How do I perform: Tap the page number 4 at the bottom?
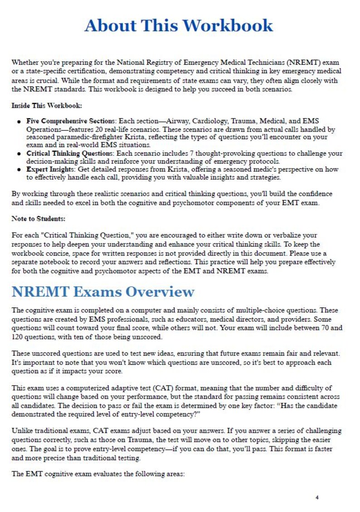[x=317, y=498]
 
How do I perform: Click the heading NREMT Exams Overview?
[x=103, y=292]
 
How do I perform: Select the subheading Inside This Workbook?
[x=47, y=106]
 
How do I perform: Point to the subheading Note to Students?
[x=39, y=218]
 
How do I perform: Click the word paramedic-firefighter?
[x=88, y=137]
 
